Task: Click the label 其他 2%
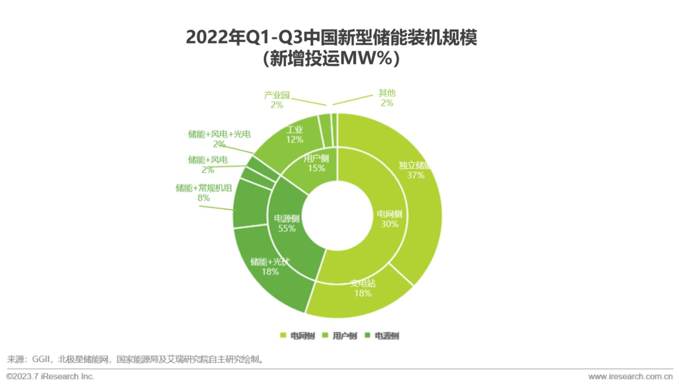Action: pyautogui.click(x=387, y=98)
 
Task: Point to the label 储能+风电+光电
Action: pyautogui.click(x=219, y=134)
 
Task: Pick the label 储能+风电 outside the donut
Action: pyautogui.click(x=208, y=160)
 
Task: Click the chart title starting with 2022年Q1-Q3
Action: pyautogui.click(x=331, y=38)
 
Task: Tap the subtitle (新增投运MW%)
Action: pyautogui.click(x=331, y=58)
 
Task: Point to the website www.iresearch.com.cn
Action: pyautogui.click(x=630, y=376)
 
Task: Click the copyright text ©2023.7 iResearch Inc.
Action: pyautogui.click(x=50, y=376)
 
